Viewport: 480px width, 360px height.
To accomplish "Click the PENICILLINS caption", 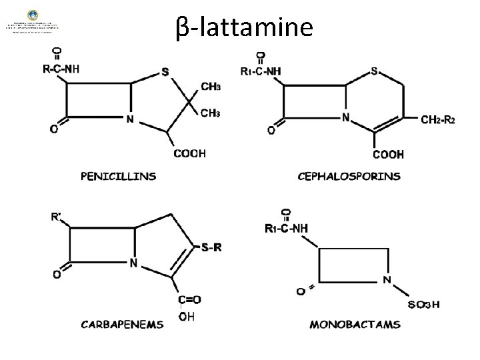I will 119,177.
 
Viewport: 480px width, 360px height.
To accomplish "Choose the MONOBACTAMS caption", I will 355,325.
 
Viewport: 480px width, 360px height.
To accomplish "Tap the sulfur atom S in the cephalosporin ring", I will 375,71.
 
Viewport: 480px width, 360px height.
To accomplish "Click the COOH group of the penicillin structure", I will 190,154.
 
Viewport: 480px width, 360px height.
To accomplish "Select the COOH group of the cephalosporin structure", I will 389,155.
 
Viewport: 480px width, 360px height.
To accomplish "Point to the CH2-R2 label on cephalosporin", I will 437,120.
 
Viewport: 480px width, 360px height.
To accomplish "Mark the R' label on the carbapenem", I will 58,217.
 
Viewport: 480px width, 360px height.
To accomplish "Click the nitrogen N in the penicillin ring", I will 130,120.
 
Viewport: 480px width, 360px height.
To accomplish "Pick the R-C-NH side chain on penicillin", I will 62,68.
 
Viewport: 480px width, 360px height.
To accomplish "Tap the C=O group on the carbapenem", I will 190,300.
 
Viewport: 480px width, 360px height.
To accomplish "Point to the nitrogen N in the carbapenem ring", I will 133,263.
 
